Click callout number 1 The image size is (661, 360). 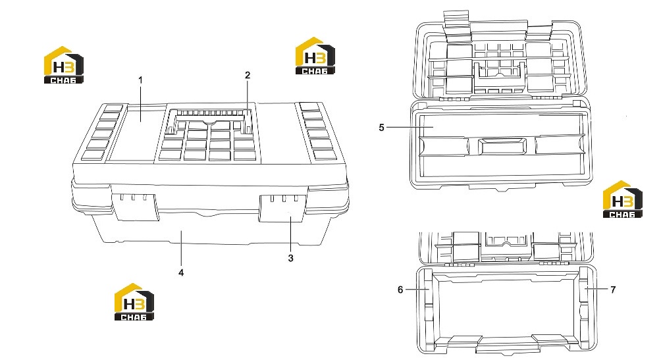tap(140, 80)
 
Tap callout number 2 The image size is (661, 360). tap(248, 75)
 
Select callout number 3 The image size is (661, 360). tap(290, 258)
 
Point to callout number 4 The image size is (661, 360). tap(181, 272)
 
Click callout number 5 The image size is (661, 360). tap(381, 127)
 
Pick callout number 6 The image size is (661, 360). tap(400, 290)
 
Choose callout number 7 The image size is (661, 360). tap(613, 290)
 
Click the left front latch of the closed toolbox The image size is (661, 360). tap(136, 207)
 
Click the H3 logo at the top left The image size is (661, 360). tap(64, 64)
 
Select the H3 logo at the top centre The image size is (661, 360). tap(315, 56)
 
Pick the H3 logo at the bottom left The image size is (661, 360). tap(134, 302)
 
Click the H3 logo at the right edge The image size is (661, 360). tap(622, 199)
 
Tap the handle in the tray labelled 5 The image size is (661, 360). tap(502, 146)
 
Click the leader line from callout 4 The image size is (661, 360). tap(181, 249)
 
